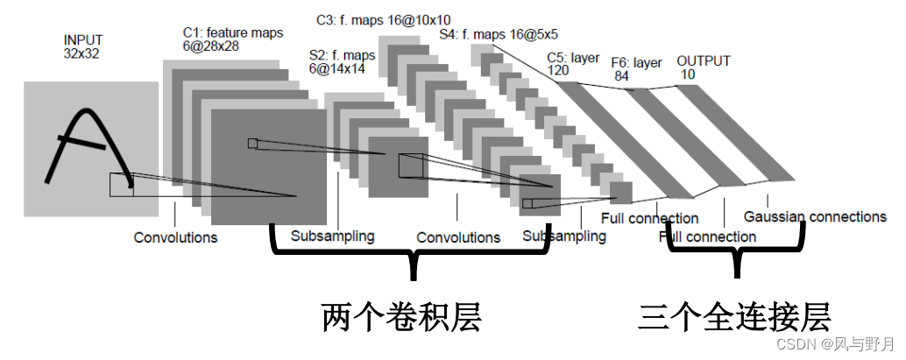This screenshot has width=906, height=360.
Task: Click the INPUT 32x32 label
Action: [83, 46]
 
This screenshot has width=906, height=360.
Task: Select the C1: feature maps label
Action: [230, 32]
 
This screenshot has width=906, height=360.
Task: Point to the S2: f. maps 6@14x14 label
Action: [342, 62]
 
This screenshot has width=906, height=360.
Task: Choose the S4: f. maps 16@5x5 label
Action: [499, 34]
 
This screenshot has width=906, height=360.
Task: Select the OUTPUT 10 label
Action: [704, 67]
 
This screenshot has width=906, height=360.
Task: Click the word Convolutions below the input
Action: [175, 237]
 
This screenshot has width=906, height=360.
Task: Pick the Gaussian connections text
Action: [815, 216]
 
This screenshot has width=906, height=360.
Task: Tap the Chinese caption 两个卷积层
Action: [401, 318]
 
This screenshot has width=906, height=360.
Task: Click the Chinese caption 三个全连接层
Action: [735, 317]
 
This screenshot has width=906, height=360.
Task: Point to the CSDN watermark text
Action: [835, 344]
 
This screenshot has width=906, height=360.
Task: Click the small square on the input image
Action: [121, 185]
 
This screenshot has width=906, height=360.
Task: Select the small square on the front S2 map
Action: [410, 166]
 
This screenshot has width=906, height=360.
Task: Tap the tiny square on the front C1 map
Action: [252, 144]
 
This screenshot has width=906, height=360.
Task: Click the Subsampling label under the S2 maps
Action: [332, 236]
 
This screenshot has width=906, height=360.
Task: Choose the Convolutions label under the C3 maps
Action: [458, 237]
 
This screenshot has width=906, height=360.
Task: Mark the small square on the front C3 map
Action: [527, 203]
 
